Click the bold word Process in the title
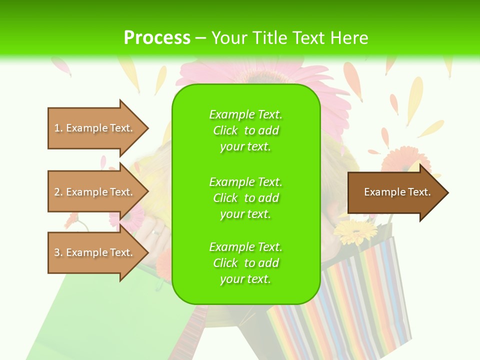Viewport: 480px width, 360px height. point(157,37)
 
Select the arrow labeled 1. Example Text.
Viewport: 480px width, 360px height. point(95,128)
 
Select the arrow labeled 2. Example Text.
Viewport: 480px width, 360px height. point(95,192)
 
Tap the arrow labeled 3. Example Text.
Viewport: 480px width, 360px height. point(95,252)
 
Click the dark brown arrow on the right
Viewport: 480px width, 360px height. point(395,192)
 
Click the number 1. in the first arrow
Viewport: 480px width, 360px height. point(58,128)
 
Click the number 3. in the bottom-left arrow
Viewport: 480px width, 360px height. point(58,252)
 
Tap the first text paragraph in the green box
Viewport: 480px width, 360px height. point(245,130)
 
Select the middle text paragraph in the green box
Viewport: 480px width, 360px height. point(245,198)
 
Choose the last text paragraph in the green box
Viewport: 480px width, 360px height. point(245,263)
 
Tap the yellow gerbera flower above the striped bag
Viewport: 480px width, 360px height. point(355,232)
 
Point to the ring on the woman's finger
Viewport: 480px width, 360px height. point(156,233)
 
